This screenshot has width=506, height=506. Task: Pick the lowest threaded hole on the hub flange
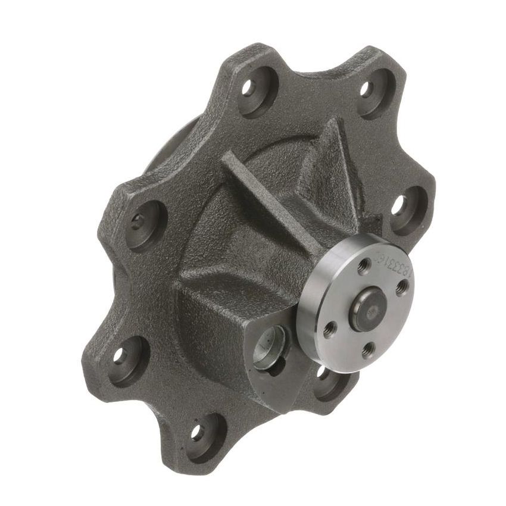tap(370, 348)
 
